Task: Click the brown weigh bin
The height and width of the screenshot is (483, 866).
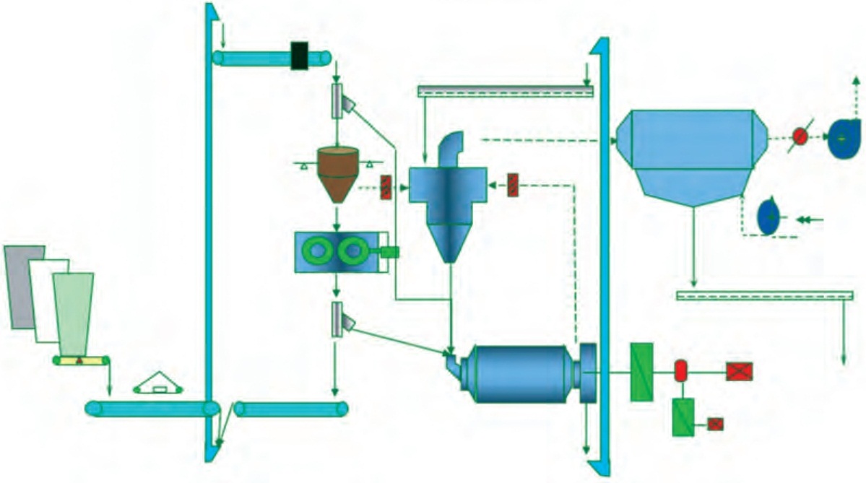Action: [x=337, y=173]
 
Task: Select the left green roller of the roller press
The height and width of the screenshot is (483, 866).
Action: [x=319, y=251]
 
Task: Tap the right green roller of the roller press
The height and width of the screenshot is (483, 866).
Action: [x=352, y=251]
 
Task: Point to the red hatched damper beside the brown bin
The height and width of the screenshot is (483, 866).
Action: [x=386, y=187]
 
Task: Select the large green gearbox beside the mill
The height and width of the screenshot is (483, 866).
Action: [x=641, y=373]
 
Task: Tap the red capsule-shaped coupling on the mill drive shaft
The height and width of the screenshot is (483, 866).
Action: [x=680, y=370]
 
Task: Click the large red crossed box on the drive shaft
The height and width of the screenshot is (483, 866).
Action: [x=739, y=372]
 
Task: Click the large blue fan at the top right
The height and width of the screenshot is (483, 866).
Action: [x=844, y=138]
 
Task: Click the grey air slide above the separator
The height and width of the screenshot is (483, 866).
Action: [x=505, y=91]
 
